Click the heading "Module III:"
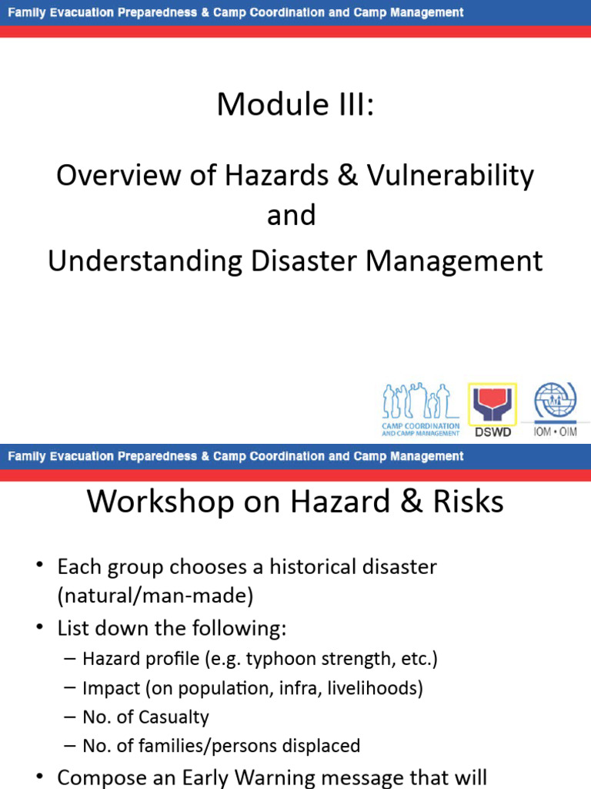coord(295,104)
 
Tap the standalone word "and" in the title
coord(292,215)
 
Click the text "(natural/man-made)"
coord(155,596)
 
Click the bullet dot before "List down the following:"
coord(40,628)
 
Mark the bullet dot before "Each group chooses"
coord(40,568)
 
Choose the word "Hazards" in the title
coord(273,176)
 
